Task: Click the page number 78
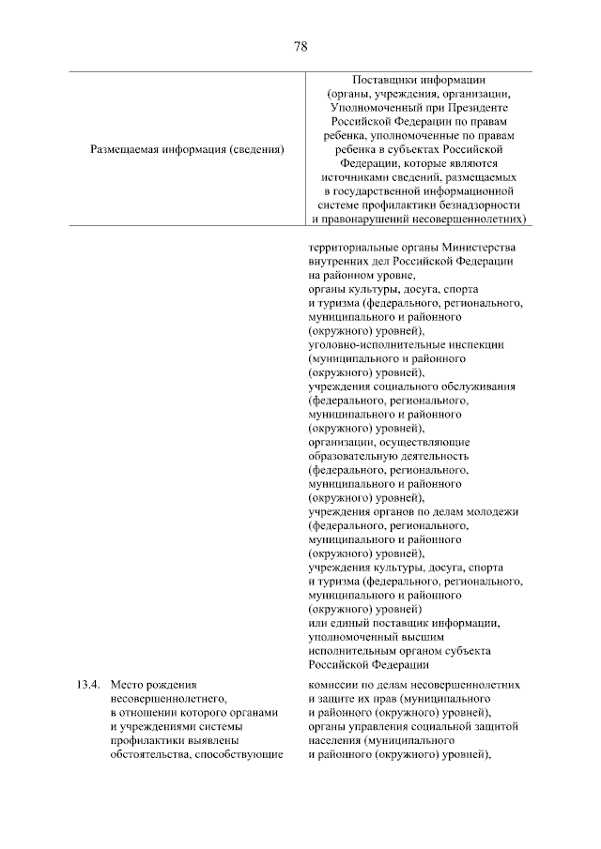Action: (300, 46)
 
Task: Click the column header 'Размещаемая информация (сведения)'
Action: (187, 148)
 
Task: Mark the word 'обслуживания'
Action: (477, 387)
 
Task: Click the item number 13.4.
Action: (87, 685)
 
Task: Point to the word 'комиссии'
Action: (333, 685)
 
